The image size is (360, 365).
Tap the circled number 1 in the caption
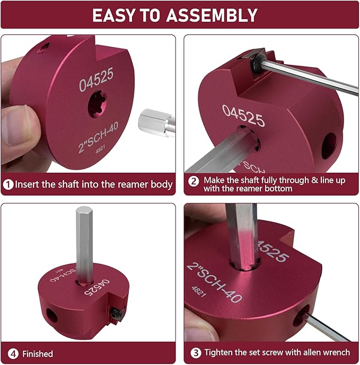pyautogui.click(x=8, y=184)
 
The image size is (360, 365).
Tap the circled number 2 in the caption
pyautogui.click(x=194, y=180)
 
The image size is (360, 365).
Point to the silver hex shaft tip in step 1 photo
pyautogui.click(x=154, y=124)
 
